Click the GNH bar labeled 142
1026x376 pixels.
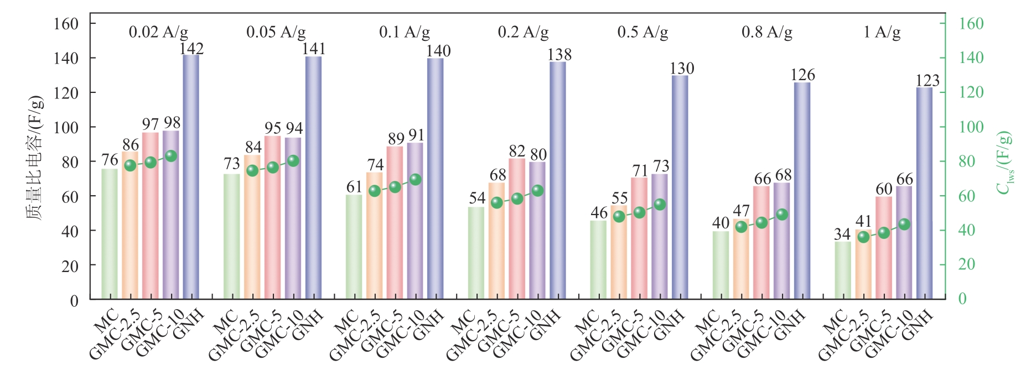click(191, 177)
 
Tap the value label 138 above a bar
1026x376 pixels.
click(559, 55)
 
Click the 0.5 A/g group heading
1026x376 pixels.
click(642, 32)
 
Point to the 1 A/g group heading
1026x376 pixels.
click(882, 32)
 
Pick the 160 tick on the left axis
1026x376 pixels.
click(66, 24)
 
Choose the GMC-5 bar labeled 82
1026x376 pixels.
click(517, 228)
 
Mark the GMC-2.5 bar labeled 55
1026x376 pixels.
click(619, 252)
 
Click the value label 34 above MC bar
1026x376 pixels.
click(842, 234)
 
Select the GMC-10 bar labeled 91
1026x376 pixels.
click(415, 221)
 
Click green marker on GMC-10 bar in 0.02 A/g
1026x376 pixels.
click(171, 156)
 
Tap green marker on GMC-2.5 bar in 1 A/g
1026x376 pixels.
click(863, 237)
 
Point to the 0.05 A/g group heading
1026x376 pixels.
click(276, 32)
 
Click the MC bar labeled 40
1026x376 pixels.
click(721, 265)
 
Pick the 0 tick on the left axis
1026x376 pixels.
click(74, 300)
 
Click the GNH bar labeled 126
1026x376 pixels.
click(802, 191)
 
